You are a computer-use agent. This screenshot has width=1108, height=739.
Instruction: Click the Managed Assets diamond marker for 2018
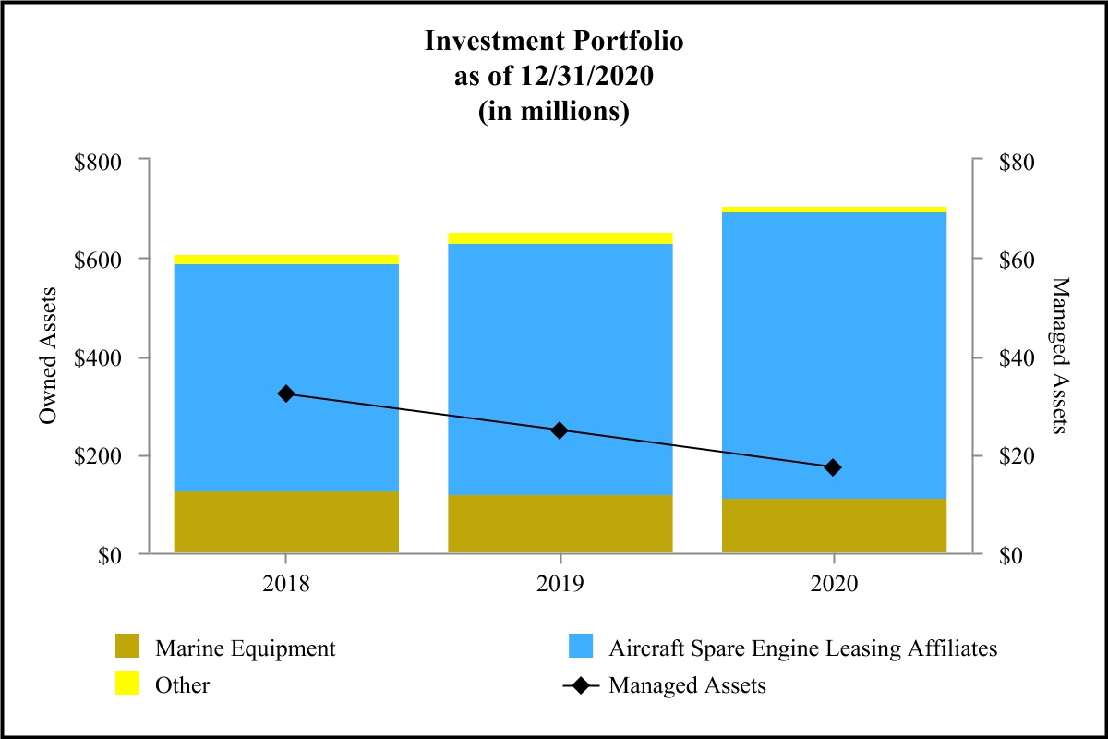point(286,394)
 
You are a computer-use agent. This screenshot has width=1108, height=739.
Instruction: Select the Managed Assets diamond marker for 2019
point(560,430)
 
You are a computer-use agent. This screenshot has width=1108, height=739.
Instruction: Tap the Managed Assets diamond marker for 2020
point(833,467)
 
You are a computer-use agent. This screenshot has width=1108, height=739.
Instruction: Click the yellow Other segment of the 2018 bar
point(286,260)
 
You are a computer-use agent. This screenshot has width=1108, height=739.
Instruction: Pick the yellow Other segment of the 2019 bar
point(560,238)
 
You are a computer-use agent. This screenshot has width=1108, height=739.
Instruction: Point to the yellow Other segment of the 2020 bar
point(833,210)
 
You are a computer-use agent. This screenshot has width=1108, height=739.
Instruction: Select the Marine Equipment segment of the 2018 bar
point(286,522)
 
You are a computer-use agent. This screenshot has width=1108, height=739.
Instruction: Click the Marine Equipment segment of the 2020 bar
point(833,526)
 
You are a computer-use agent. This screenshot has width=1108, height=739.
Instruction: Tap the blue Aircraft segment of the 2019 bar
point(560,369)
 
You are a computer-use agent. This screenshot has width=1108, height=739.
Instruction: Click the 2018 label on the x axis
point(286,584)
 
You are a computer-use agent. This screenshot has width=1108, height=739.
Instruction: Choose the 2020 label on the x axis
point(833,584)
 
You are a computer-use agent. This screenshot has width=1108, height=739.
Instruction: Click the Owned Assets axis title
point(49,357)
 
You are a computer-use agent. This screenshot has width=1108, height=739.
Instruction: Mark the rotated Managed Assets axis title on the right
point(1059,357)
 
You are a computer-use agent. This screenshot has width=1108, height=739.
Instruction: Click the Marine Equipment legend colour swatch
point(127,648)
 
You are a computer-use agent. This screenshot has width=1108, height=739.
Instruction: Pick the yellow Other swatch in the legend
point(127,684)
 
